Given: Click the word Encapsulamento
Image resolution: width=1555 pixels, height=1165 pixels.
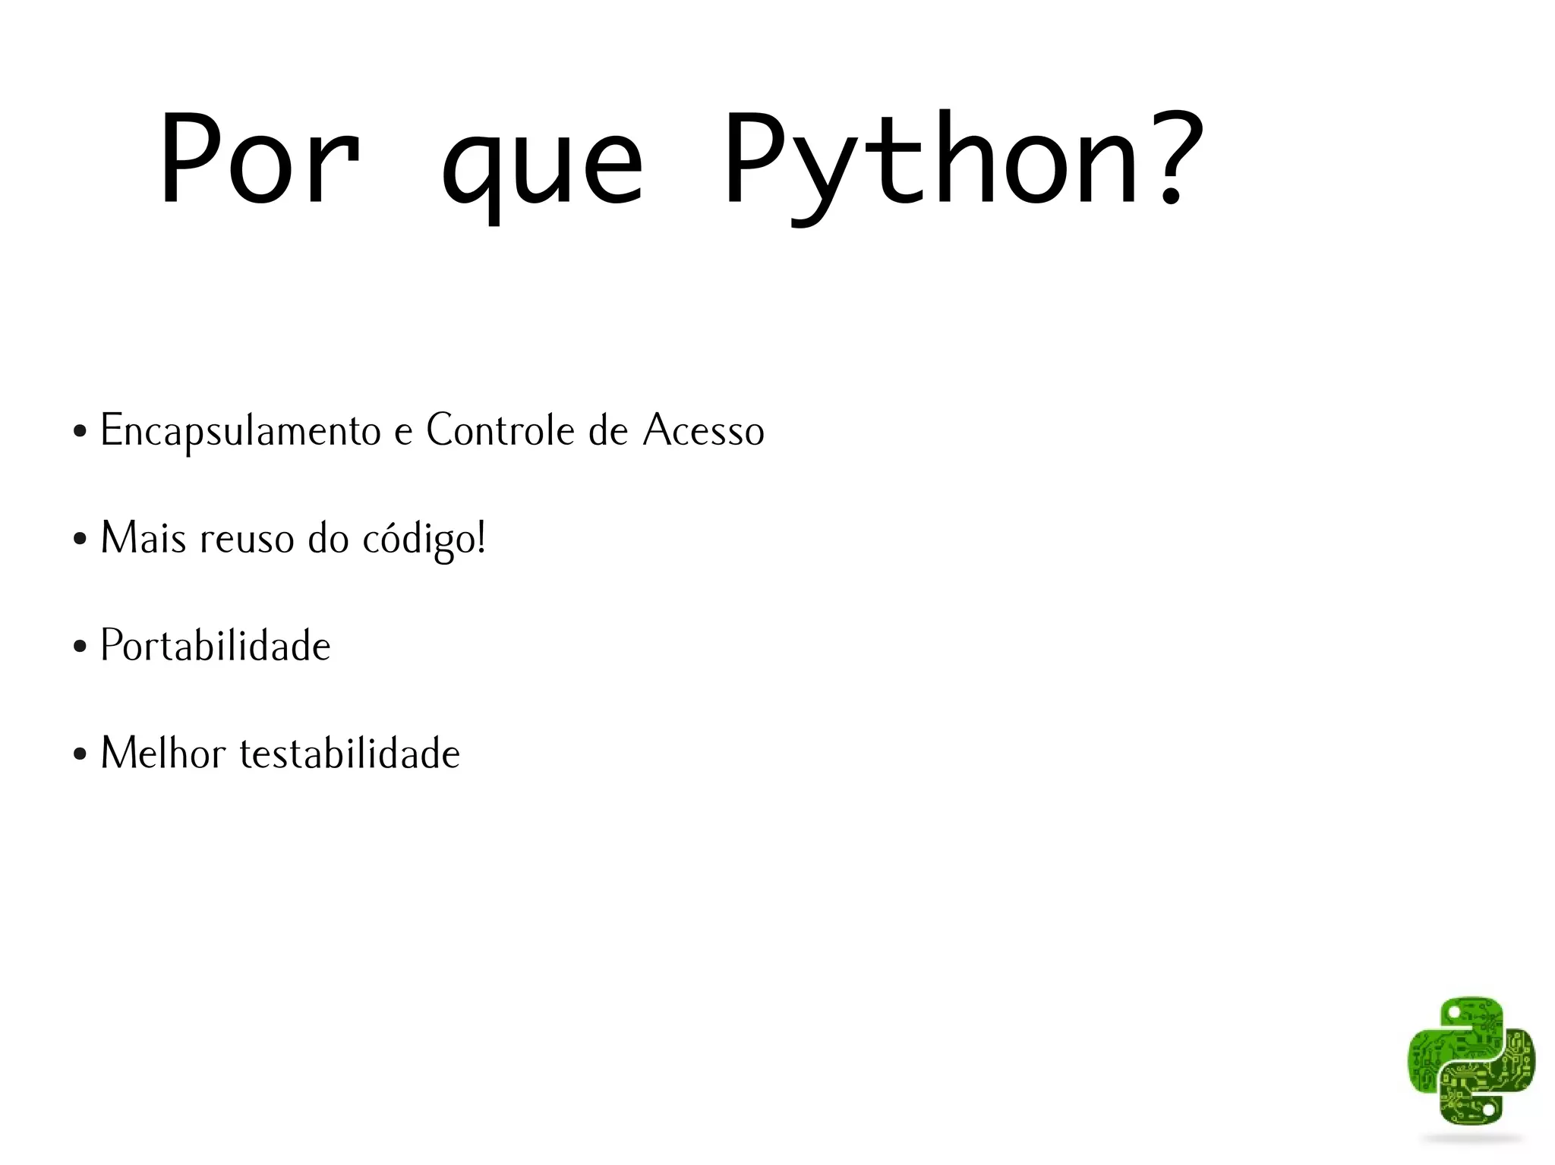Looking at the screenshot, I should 240,431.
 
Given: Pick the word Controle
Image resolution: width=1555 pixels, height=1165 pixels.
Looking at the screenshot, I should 500,430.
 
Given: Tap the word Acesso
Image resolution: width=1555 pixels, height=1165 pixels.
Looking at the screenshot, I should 703,430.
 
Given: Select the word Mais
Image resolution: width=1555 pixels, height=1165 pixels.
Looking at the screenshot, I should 143,538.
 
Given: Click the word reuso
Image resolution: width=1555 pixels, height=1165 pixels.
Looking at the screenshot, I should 247,539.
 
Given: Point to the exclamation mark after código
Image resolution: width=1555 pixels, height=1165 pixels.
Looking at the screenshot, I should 481,537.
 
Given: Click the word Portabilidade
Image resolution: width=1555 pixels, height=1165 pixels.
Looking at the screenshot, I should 216,646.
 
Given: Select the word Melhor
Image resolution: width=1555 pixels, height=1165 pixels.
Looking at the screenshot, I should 163,753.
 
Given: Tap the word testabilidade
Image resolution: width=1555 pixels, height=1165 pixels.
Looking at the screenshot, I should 350,753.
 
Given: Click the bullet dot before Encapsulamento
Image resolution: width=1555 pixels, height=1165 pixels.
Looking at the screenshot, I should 80,433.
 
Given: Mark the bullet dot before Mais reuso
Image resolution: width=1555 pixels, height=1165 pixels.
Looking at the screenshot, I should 80,540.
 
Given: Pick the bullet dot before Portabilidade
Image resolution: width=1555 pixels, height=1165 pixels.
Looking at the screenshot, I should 80,647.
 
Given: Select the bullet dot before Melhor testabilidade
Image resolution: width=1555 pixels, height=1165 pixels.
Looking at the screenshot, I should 80,755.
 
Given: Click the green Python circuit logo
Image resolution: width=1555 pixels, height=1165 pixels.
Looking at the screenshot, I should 1471,1060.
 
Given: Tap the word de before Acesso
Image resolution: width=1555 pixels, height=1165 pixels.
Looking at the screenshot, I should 608,430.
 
